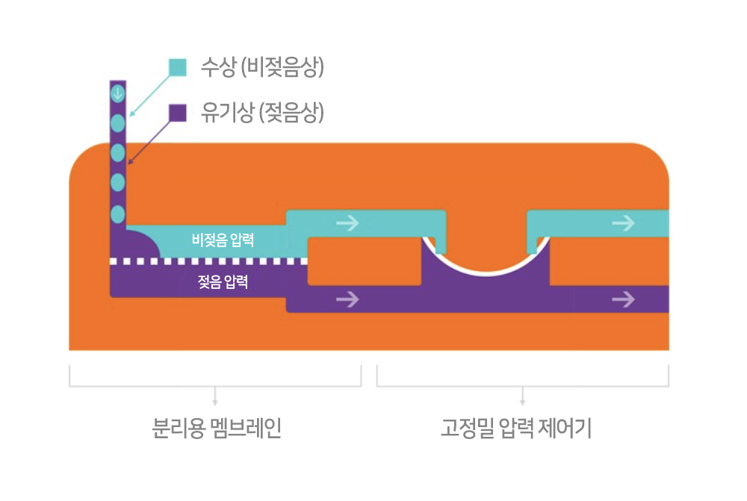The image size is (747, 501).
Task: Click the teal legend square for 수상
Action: [178, 67]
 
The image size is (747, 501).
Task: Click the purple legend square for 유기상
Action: [178, 113]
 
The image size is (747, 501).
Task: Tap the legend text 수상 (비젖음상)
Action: [262, 67]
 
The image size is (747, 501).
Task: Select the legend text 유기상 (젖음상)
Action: [262, 113]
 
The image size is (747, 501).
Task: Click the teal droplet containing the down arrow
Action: [118, 93]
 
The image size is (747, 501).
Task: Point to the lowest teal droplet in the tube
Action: [118, 214]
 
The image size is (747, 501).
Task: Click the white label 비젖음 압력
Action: [223, 240]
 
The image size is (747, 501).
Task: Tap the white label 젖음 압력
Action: [223, 281]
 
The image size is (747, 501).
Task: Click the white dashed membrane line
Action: [208, 261]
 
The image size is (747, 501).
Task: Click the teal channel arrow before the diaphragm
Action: [347, 223]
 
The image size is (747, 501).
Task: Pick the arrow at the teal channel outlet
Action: [623, 223]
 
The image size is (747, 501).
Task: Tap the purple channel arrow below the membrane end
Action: [347, 299]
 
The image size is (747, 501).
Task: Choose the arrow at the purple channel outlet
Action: [623, 299]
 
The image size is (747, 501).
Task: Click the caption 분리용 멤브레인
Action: [217, 428]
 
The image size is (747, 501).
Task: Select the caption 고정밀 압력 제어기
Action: [516, 428]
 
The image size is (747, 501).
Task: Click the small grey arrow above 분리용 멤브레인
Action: [215, 396]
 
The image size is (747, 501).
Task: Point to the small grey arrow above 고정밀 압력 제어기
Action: [523, 396]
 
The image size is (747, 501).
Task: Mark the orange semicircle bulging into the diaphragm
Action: [486, 255]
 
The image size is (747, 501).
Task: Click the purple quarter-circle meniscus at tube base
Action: [140, 245]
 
